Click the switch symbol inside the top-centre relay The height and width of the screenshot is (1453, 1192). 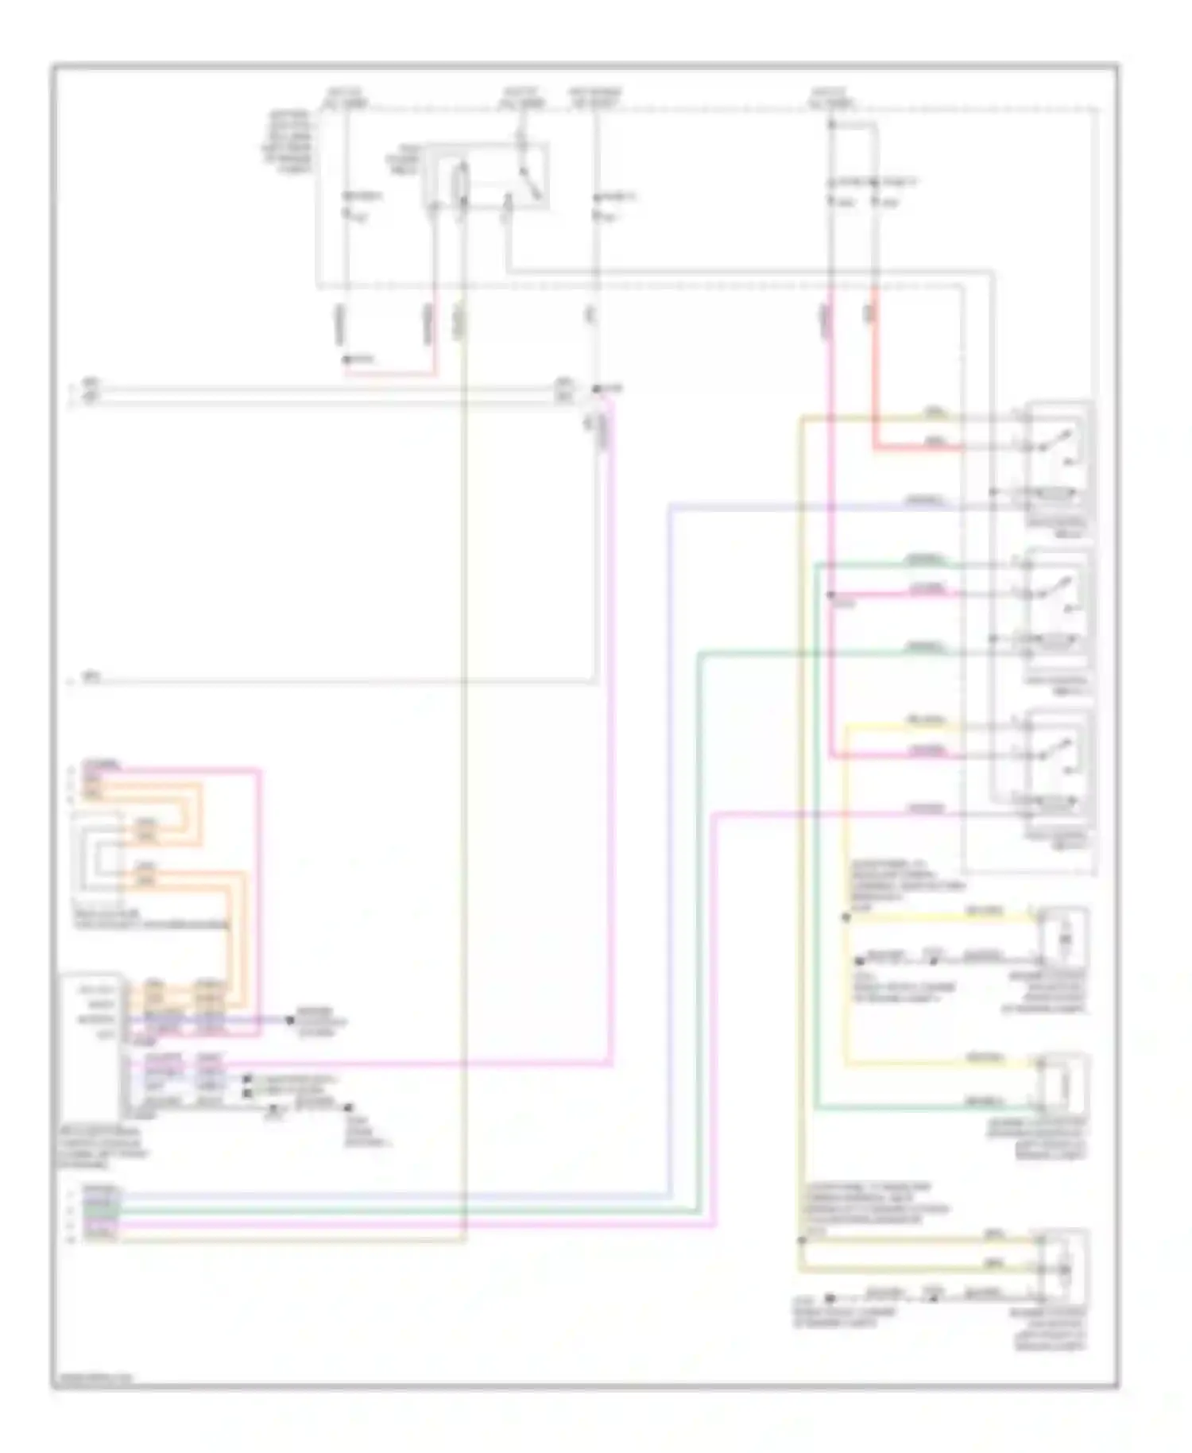(528, 183)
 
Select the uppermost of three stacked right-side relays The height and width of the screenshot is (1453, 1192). (1060, 461)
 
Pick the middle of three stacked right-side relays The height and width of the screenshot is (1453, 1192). (1060, 608)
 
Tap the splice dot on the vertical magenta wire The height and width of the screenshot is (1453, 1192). (830, 595)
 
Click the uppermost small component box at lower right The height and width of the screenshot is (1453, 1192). (1063, 940)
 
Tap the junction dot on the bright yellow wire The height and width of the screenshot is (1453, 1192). (846, 918)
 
